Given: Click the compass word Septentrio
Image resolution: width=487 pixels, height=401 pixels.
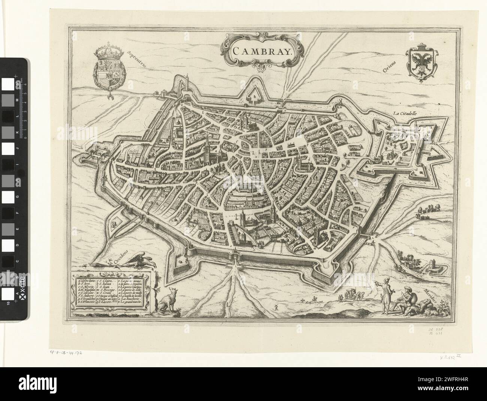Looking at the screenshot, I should click(x=136, y=59).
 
